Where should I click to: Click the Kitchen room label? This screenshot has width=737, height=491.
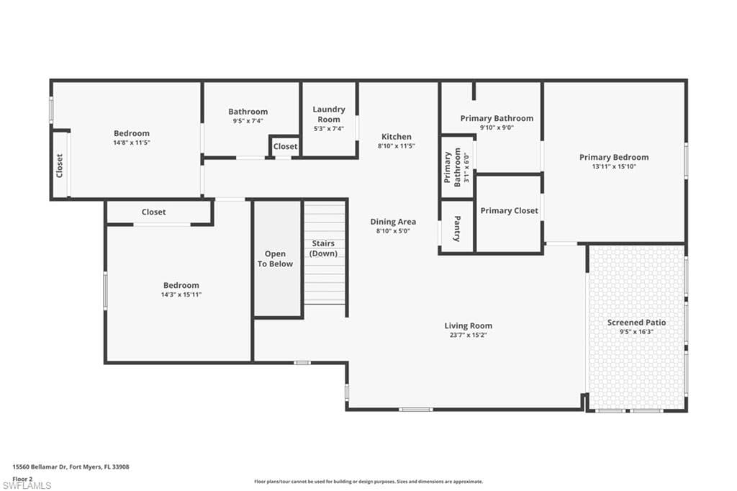pos(396,137)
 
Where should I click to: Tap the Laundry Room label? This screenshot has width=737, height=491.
pos(329,114)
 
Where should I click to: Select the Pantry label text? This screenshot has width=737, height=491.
pos(457,228)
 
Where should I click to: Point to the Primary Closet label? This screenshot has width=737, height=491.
pos(509,211)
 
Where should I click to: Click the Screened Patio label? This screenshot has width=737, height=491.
pos(636,323)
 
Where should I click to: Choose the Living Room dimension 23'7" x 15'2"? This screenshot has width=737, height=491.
pos(468,335)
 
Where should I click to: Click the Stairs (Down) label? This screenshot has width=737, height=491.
pos(324,248)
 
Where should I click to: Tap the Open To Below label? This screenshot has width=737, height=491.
pos(275,258)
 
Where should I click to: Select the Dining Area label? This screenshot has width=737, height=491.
pos(393,222)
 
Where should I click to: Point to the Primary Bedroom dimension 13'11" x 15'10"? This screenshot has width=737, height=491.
pos(614,166)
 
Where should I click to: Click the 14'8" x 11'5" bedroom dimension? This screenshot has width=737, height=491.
pos(132,143)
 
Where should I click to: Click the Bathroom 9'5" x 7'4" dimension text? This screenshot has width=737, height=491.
pos(248,121)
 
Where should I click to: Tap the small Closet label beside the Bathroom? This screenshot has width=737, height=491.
pos(285,146)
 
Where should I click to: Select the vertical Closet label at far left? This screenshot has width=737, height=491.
pos(60,166)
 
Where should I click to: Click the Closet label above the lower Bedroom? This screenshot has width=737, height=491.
pos(153,212)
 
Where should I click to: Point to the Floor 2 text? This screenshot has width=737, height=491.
pos(22,478)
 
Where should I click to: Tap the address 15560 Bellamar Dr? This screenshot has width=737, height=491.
pos(40,467)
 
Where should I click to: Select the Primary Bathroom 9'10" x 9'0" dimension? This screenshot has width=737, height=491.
pos(497,128)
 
